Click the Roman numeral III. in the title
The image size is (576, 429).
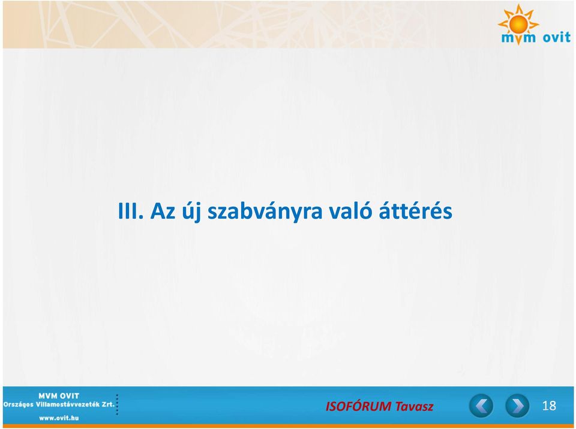[x=130, y=211]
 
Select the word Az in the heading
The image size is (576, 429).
[x=163, y=211]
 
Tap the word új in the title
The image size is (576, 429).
[x=191, y=212]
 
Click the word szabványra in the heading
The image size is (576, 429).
[x=265, y=212]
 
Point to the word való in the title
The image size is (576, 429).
[x=350, y=210]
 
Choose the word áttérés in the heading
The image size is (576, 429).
[x=415, y=210]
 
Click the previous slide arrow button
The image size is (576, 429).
[x=481, y=406]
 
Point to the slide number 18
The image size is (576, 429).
[x=549, y=406]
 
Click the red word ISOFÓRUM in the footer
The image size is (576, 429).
[x=359, y=406]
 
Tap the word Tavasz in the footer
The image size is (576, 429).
[x=414, y=406]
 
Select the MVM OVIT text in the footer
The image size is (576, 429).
[x=59, y=396]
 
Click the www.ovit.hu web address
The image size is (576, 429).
[x=59, y=418]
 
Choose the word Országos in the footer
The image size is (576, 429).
[x=19, y=405]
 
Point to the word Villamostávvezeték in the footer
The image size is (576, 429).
[x=68, y=404]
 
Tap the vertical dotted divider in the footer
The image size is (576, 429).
[x=117, y=405]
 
